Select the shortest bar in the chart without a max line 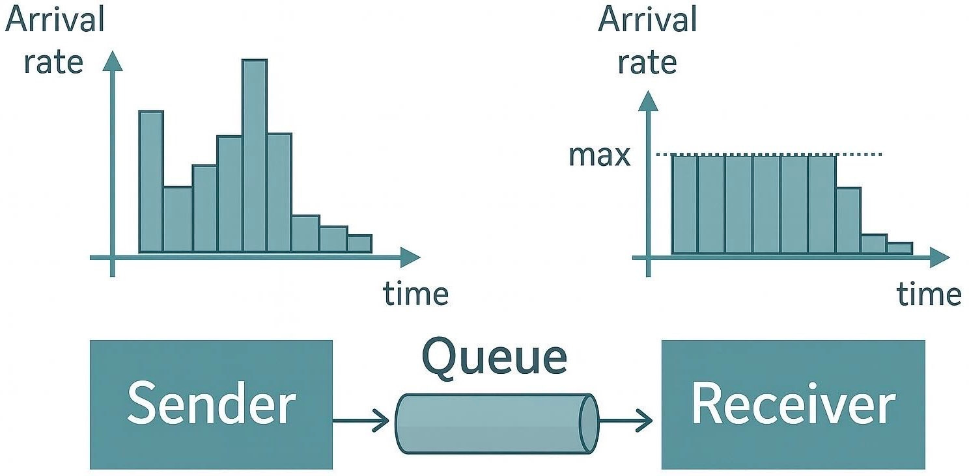[359, 243]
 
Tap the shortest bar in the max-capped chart [899, 248]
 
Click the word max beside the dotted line [599, 155]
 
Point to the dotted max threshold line [860, 154]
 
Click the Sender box [211, 404]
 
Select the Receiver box [793, 404]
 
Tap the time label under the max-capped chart [929, 295]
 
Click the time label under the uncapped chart [415, 295]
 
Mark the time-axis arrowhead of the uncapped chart [410, 258]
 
